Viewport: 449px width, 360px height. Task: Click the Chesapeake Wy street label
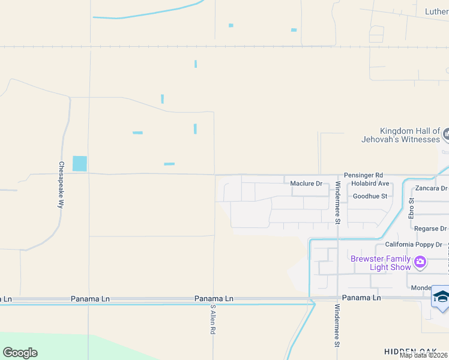61,184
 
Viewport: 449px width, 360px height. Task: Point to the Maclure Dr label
306,184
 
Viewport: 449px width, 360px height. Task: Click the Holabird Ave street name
370,184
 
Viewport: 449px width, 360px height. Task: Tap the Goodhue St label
370,196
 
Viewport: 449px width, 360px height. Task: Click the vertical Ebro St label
412,208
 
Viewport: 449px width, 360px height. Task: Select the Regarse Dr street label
430,229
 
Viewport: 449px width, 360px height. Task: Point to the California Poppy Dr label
413,245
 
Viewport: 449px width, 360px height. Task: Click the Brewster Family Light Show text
381,263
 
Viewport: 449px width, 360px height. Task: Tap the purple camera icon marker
420,262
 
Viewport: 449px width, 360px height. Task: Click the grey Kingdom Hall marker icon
446,134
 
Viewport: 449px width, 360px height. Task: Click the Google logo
20,353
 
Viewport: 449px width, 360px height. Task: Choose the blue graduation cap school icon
441,297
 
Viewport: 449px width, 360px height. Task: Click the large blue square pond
79,163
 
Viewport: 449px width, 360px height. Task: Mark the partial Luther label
436,11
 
